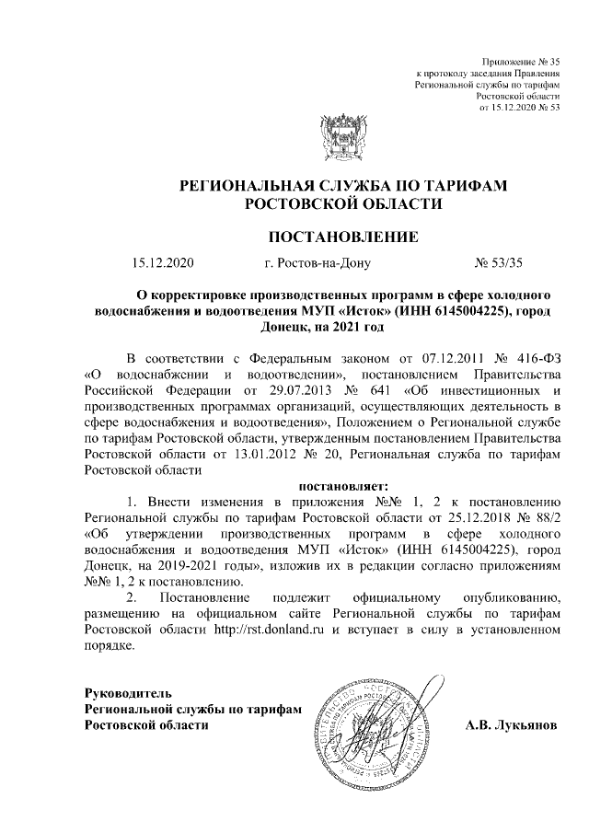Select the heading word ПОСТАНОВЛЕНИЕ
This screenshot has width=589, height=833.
point(342,237)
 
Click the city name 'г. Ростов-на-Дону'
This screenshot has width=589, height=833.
point(317,264)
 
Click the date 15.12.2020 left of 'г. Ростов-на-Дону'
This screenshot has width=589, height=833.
point(164,264)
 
